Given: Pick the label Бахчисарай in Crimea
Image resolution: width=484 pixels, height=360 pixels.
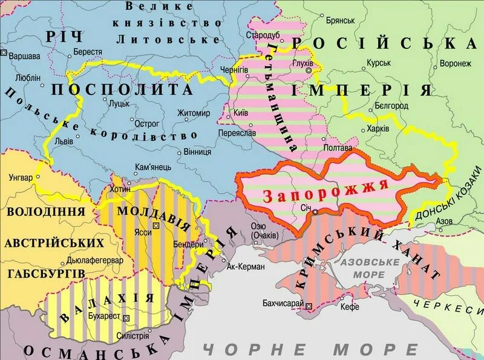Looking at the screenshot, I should click(x=283, y=302).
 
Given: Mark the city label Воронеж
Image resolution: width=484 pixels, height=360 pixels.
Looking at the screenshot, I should click(x=456, y=64).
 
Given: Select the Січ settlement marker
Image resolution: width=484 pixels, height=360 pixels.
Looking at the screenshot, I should click(x=315, y=212).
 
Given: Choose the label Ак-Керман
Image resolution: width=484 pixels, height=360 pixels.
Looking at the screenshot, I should click(x=245, y=266).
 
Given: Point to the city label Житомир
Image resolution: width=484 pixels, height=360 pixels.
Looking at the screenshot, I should click(x=194, y=113).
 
